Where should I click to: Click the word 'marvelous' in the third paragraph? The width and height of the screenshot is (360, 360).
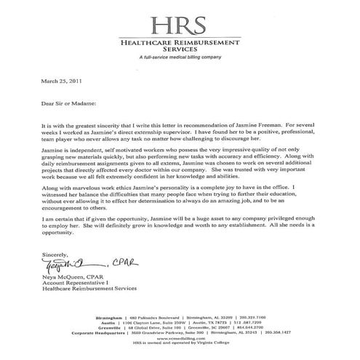point(73,188)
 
